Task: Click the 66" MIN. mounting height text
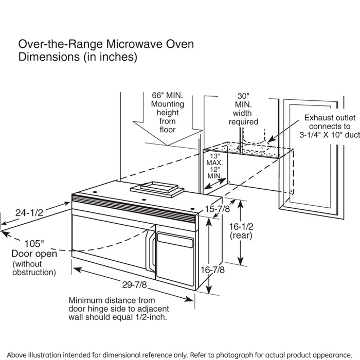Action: [x=164, y=96]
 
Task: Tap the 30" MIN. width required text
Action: [x=243, y=96]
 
